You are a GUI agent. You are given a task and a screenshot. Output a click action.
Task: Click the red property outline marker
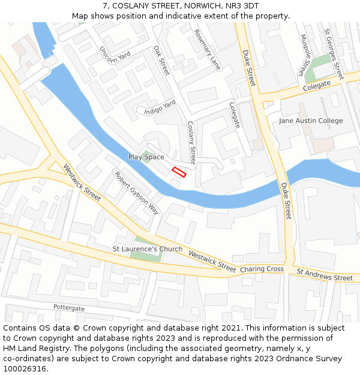click(179, 172)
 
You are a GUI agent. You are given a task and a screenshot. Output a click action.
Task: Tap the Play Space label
click(146, 157)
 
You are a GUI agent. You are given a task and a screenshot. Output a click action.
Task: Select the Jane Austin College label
click(311, 121)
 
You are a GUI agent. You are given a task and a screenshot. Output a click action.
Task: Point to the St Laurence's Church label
click(148, 249)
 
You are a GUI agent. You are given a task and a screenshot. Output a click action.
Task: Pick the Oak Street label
click(161, 61)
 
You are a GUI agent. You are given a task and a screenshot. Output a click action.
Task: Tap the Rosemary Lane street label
click(208, 51)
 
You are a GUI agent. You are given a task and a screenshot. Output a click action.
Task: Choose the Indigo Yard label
click(160, 107)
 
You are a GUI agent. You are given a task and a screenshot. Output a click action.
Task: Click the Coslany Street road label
click(191, 143)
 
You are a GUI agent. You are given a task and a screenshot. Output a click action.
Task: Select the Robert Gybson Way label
click(137, 193)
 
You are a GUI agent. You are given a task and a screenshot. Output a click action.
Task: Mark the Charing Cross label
click(262, 269)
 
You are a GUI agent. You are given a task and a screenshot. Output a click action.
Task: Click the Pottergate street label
click(69, 307)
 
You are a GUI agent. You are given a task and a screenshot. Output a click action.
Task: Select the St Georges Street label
click(333, 54)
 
